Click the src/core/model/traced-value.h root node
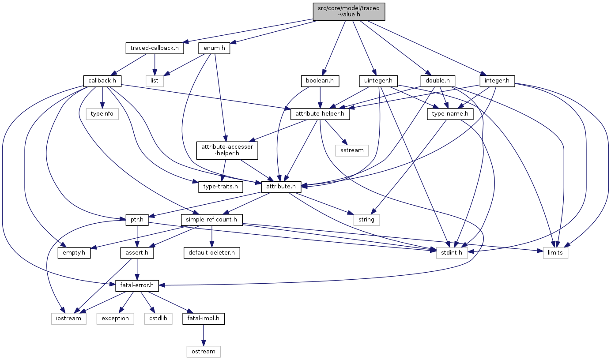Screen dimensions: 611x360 coord(349,11)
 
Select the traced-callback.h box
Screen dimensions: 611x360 coord(155,48)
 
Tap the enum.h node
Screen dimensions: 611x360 coord(214,48)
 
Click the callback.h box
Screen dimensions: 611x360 coord(102,81)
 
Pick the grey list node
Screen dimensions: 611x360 coord(155,81)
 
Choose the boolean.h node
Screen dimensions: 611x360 coord(320,81)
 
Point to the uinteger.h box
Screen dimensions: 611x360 coord(378,81)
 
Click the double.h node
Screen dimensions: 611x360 coord(438,81)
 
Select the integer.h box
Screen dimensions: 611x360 coord(497,81)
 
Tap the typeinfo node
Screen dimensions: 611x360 coord(102,114)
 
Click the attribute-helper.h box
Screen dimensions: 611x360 coord(320,114)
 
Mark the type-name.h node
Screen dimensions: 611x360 coord(450,114)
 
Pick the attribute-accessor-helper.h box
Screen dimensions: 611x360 coord(227,150)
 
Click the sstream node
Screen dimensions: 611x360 coord(352,150)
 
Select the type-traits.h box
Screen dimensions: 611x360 coord(220,187)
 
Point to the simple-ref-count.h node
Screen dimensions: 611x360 coord(211,220)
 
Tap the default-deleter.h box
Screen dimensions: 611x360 coord(211,253)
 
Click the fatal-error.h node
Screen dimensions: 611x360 coord(137,286)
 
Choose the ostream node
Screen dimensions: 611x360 coord(204,352)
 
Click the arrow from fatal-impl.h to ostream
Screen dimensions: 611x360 coord(204,335)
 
